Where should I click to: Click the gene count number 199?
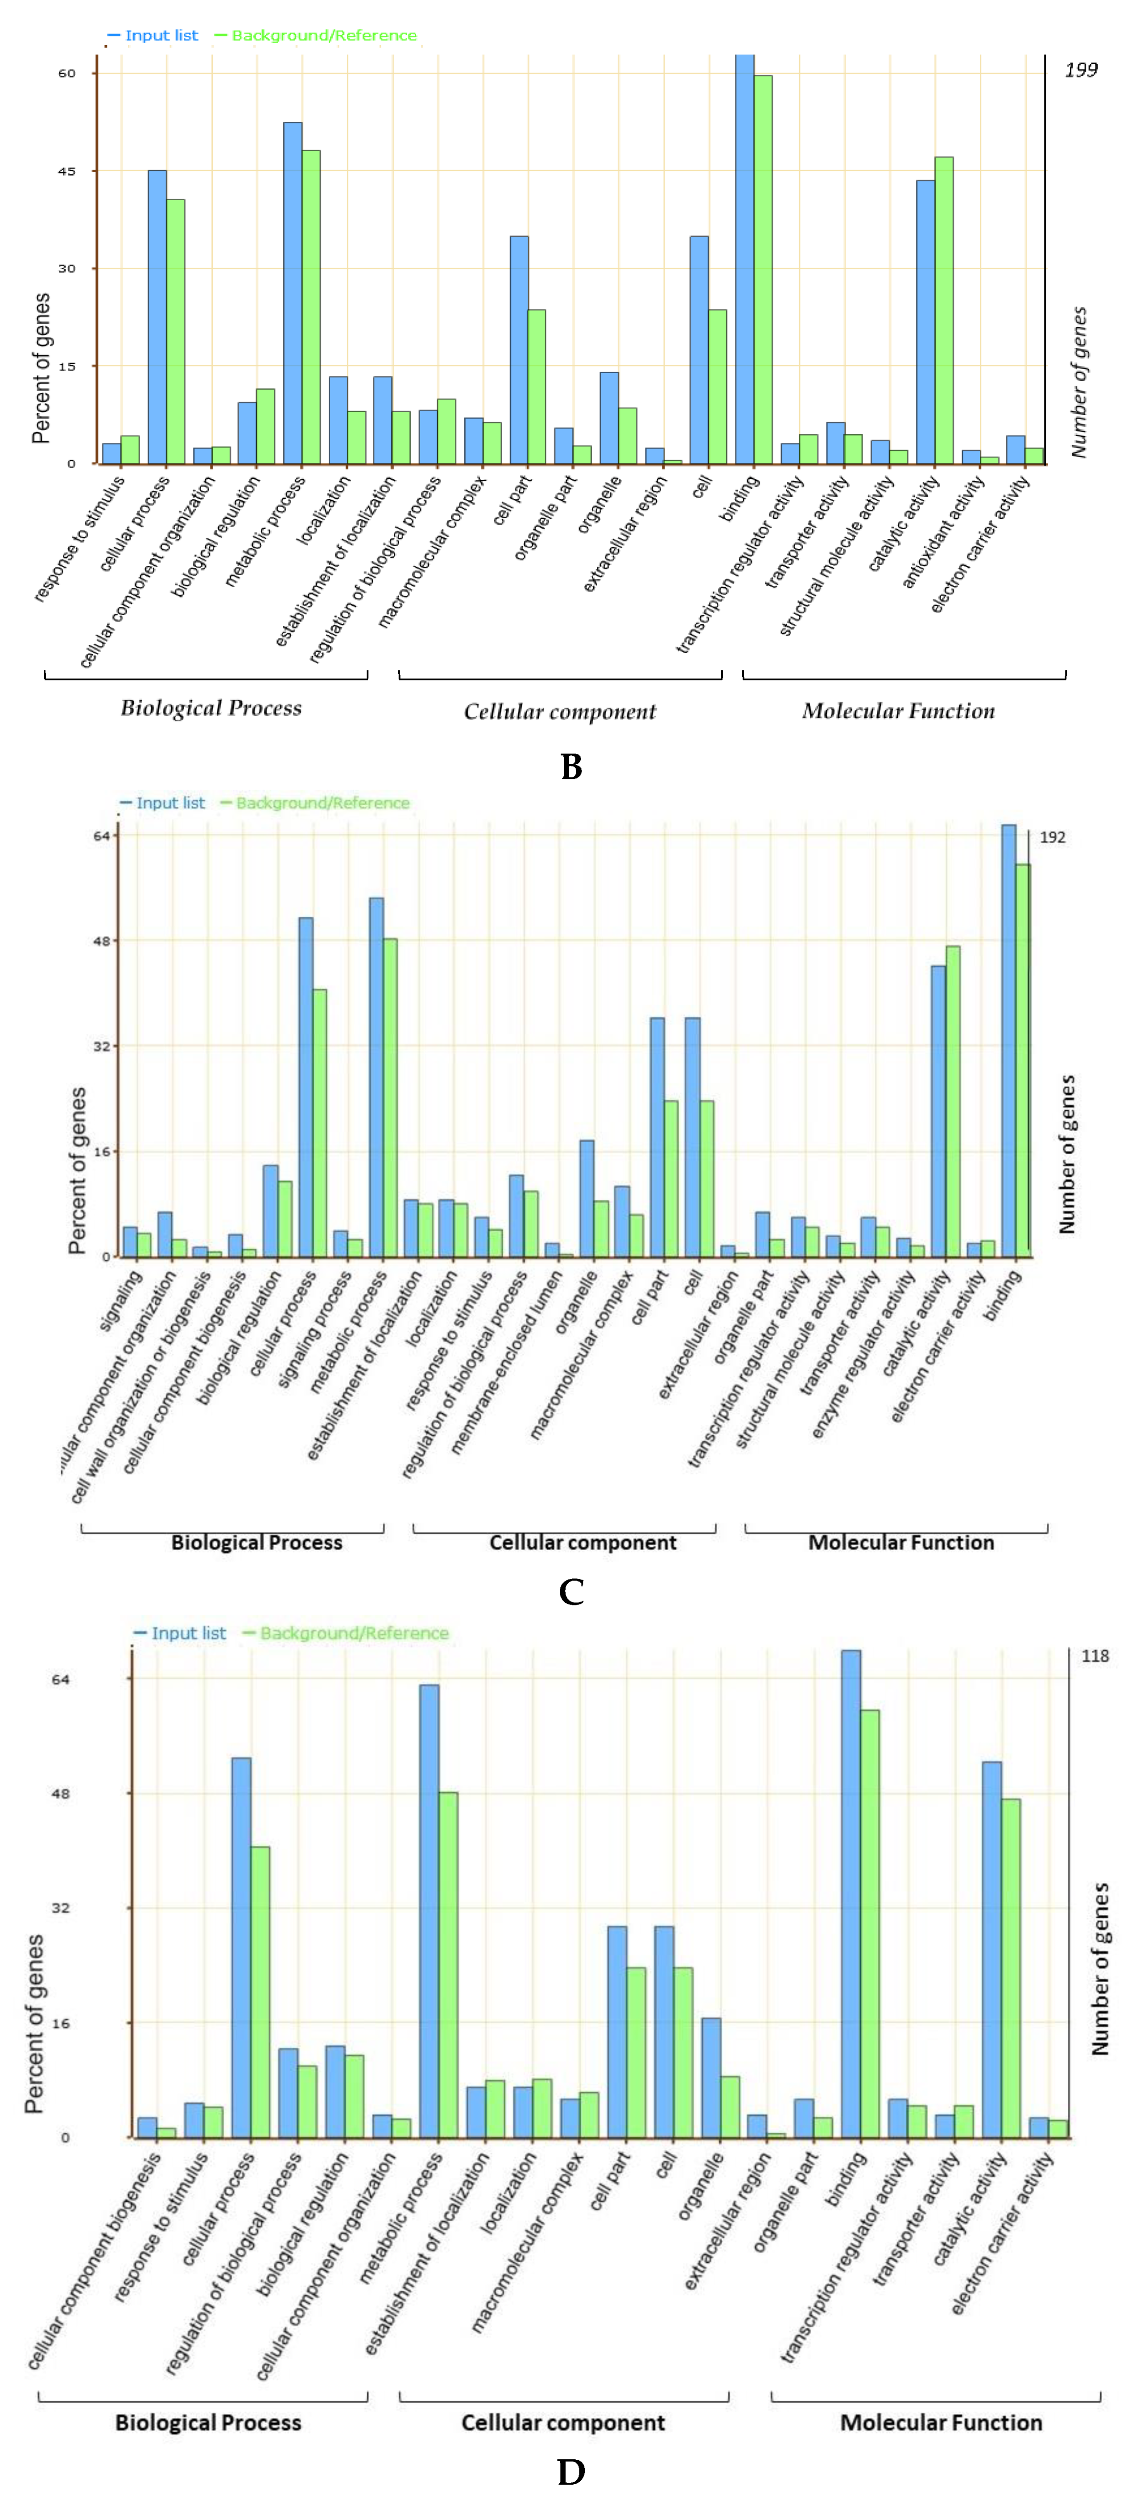[x=1081, y=70]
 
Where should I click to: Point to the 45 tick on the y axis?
[x=66, y=171]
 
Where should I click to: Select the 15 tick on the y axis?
[x=66, y=366]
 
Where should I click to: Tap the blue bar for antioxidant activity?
[x=971, y=457]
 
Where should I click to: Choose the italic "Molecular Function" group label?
[x=898, y=711]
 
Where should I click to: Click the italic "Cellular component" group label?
[x=560, y=712]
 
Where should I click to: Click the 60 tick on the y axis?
[x=66, y=73]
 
